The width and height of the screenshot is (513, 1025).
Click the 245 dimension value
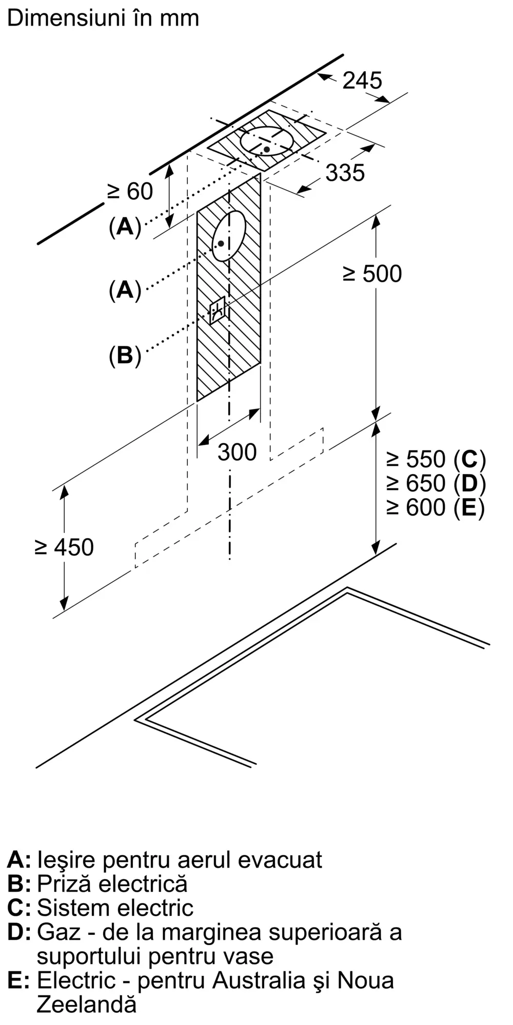point(362,80)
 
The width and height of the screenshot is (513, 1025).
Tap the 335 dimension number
point(345,173)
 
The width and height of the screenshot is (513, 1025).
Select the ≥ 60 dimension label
point(130,192)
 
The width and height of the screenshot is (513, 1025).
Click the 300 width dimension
point(237,452)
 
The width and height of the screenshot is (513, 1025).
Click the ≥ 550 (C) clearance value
point(436,459)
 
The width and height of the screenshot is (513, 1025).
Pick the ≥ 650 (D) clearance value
point(436,483)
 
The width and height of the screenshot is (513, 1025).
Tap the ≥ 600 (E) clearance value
point(436,507)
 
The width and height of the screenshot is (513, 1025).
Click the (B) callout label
point(125,355)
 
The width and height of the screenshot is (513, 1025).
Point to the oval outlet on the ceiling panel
point(267,141)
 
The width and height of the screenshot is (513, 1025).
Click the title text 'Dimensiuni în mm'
point(103,18)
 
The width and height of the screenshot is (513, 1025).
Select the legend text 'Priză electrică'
point(112,884)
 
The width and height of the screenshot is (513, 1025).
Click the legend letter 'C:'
point(19,908)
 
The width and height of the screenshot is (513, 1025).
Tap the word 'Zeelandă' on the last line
point(87,1004)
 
